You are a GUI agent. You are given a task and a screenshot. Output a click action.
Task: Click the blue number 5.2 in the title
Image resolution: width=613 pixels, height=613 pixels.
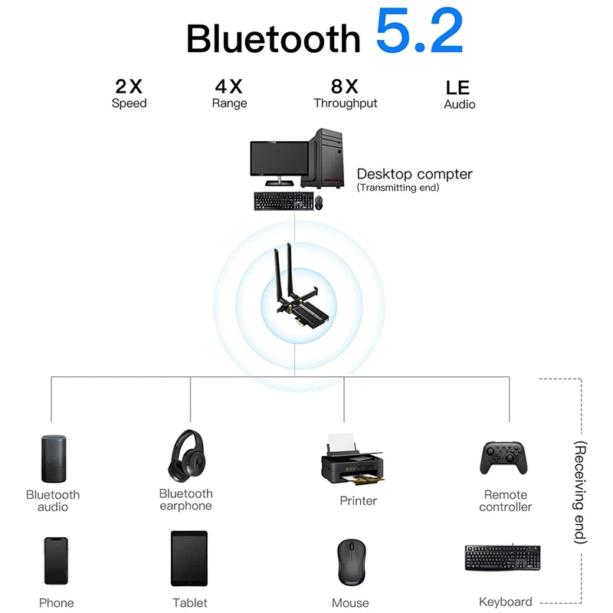[420, 33]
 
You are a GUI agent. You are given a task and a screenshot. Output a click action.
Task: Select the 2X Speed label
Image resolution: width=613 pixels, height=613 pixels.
[129, 93]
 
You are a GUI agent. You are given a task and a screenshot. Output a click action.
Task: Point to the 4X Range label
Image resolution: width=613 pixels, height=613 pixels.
[229, 93]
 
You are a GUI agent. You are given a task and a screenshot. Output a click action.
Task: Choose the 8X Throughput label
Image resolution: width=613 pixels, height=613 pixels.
[345, 93]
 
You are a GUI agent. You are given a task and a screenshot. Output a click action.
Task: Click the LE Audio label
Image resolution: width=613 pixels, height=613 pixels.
[459, 95]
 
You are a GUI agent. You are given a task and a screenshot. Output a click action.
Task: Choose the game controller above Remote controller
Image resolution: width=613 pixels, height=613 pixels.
[504, 457]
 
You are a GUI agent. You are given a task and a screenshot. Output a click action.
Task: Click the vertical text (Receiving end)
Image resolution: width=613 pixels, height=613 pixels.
[580, 492]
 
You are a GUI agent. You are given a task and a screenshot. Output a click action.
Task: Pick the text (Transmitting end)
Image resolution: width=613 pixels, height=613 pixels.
[398, 188]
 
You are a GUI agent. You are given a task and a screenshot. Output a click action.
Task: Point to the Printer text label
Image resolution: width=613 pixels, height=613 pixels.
[358, 500]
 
